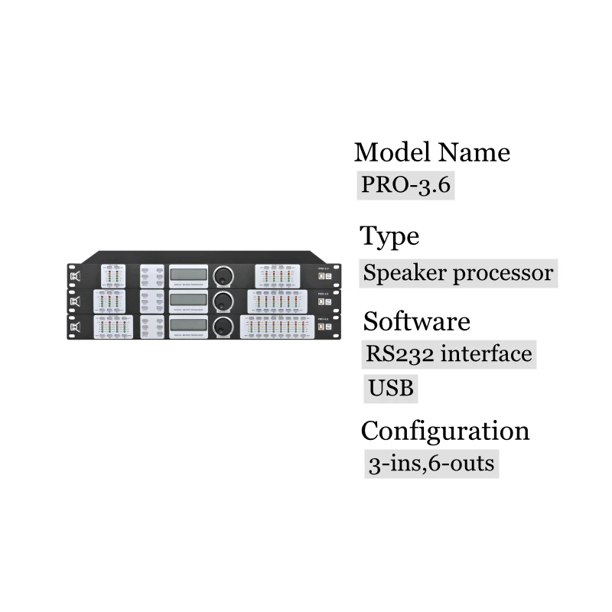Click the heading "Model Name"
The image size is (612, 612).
pyautogui.click(x=431, y=152)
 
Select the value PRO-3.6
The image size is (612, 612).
pyautogui.click(x=405, y=187)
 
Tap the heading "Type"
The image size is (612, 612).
pyautogui.click(x=390, y=236)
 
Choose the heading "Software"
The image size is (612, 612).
pyautogui.click(x=417, y=321)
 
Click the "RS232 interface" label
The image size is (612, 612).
pyautogui.click(x=448, y=355)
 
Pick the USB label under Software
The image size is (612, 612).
pyautogui.click(x=391, y=389)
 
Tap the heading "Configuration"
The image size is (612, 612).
pyautogui.click(x=445, y=431)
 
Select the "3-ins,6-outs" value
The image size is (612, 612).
pyautogui.click(x=431, y=464)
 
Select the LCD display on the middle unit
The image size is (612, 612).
pyautogui.click(x=188, y=300)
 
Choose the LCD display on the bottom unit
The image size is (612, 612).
pyautogui.click(x=188, y=325)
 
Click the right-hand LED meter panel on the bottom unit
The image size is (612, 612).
pyautogui.click(x=276, y=327)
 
